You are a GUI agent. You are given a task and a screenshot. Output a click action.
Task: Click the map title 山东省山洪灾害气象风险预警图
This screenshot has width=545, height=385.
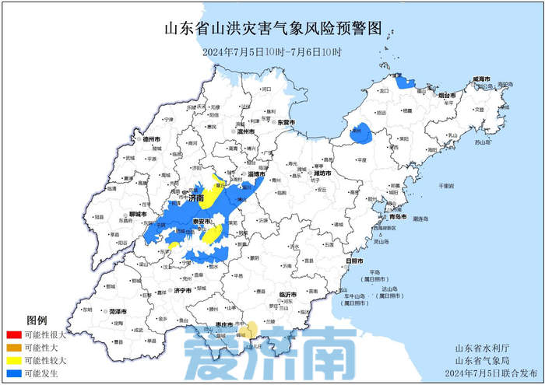(272, 30)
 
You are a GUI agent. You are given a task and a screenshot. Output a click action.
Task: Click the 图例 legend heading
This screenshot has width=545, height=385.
(37, 320)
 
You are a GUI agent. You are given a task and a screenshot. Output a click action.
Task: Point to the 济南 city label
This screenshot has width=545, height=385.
(195, 199)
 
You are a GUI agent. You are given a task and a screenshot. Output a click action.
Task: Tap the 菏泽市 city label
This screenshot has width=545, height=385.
(118, 311)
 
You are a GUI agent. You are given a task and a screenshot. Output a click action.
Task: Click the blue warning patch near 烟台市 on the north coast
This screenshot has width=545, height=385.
(404, 82)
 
